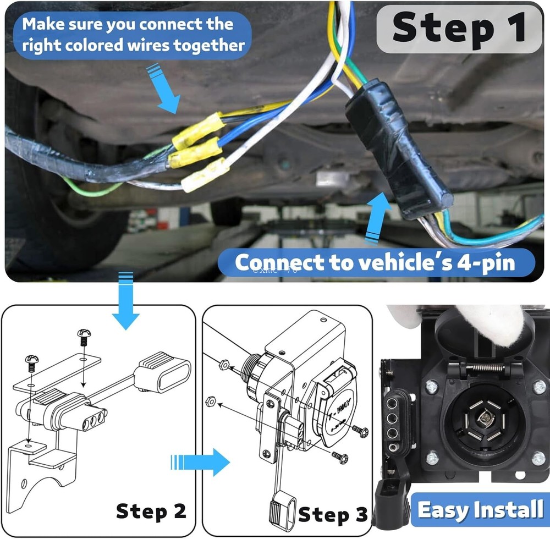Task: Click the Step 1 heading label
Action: click(459, 29)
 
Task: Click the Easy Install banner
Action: click(480, 510)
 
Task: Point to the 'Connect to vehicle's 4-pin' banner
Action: click(375, 263)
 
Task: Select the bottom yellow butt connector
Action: click(205, 175)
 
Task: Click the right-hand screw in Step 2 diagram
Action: click(84, 337)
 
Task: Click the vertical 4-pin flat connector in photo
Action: click(397, 420)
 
